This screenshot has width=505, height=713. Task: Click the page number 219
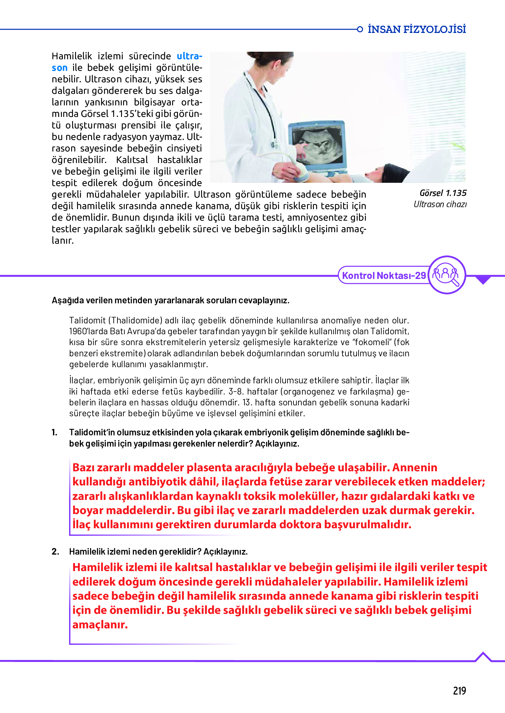point(459,690)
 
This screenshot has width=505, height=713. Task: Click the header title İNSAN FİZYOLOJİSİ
point(417,29)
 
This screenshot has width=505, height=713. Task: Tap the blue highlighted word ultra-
point(189,56)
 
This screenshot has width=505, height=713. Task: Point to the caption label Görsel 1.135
point(443,193)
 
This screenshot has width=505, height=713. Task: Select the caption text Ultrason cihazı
point(440,204)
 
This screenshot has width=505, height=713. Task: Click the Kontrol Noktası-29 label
point(384,275)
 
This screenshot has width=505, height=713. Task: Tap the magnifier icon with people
point(447,275)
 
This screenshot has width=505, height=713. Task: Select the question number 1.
point(55,432)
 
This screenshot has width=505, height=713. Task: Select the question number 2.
point(55,552)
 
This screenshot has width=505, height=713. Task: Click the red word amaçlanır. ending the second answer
point(100,624)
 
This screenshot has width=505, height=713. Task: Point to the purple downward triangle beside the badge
point(483,280)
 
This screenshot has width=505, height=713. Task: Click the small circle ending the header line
point(360,29)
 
